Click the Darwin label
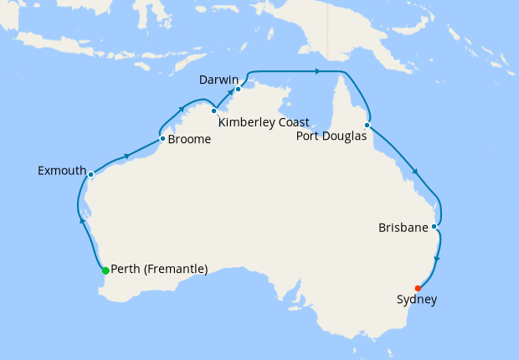click(x=219, y=80)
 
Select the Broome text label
click(x=189, y=140)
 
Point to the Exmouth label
click(x=62, y=171)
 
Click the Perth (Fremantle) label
click(x=159, y=270)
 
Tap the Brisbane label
click(x=403, y=227)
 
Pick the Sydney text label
click(x=416, y=299)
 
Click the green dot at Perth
click(x=105, y=270)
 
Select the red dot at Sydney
click(x=419, y=288)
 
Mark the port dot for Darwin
click(x=239, y=89)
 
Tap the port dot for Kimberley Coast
click(x=214, y=111)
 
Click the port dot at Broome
click(x=162, y=139)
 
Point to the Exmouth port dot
click(x=90, y=175)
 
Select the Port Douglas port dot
click(x=367, y=126)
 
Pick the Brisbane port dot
click(x=434, y=226)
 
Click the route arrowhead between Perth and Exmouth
click(x=82, y=221)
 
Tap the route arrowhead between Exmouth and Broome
click(x=126, y=155)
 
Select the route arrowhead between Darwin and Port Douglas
click(x=318, y=71)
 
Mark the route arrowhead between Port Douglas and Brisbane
click(x=414, y=173)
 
